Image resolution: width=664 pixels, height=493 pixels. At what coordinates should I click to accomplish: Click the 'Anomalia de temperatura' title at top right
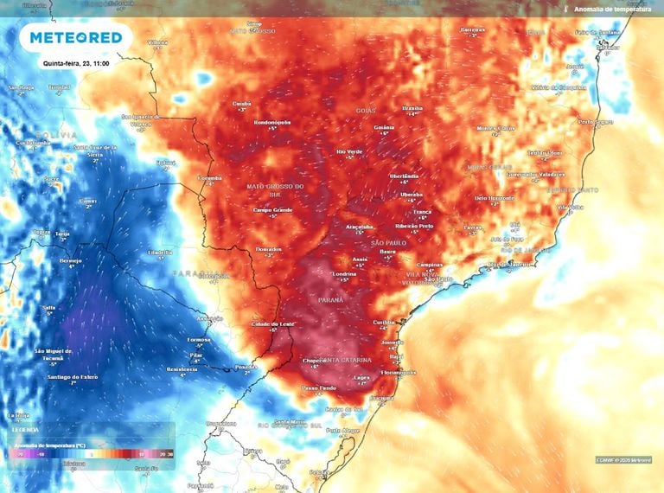(612, 9)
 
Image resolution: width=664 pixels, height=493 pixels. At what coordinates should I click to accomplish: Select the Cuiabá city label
(242, 104)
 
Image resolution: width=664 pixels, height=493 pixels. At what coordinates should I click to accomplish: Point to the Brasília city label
(412, 108)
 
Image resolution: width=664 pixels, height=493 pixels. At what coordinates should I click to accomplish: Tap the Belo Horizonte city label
(494, 197)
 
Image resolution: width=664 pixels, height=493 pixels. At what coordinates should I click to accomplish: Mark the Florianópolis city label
(399, 372)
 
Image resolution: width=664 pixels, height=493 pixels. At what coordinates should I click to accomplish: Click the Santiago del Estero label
(72, 377)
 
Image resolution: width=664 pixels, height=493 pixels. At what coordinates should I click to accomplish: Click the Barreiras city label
(473, 29)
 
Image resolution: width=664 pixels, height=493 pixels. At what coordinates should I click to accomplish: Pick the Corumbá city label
(210, 177)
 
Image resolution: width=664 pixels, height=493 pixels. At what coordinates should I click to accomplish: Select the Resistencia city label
(182, 369)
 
